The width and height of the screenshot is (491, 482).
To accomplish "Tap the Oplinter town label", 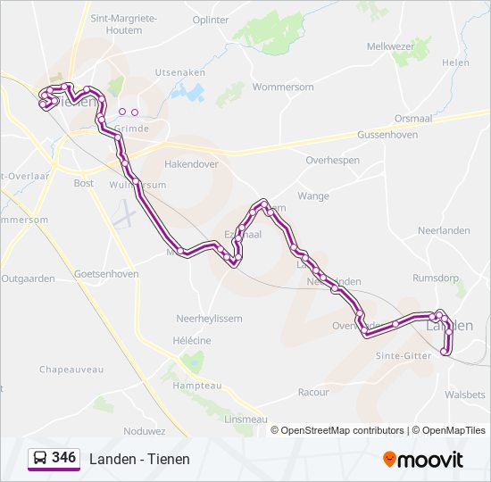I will click(211, 20).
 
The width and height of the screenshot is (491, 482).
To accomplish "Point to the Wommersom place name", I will click(283, 87).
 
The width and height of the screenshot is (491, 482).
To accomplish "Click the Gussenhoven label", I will click(388, 133).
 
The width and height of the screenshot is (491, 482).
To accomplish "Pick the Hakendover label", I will click(192, 164).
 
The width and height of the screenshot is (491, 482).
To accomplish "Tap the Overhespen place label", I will click(332, 160).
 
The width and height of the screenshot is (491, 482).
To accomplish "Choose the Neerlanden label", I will click(444, 230).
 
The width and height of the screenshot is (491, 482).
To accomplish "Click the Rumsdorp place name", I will click(436, 278).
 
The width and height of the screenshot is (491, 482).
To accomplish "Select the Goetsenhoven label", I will click(107, 274).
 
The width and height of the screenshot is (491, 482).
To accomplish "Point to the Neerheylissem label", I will click(209, 318).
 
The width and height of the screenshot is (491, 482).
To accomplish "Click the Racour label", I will click(313, 392).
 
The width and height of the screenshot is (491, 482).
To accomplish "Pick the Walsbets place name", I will click(464, 394).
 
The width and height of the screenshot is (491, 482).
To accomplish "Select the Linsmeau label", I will click(246, 419).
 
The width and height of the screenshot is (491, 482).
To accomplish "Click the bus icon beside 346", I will click(39, 458).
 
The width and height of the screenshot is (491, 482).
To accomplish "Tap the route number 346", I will click(63, 458).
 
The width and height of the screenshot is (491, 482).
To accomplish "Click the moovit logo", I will click(423, 459).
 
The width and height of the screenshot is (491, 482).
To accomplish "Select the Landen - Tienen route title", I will click(139, 459).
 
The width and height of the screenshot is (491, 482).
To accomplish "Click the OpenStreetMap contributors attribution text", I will click(342, 430).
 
